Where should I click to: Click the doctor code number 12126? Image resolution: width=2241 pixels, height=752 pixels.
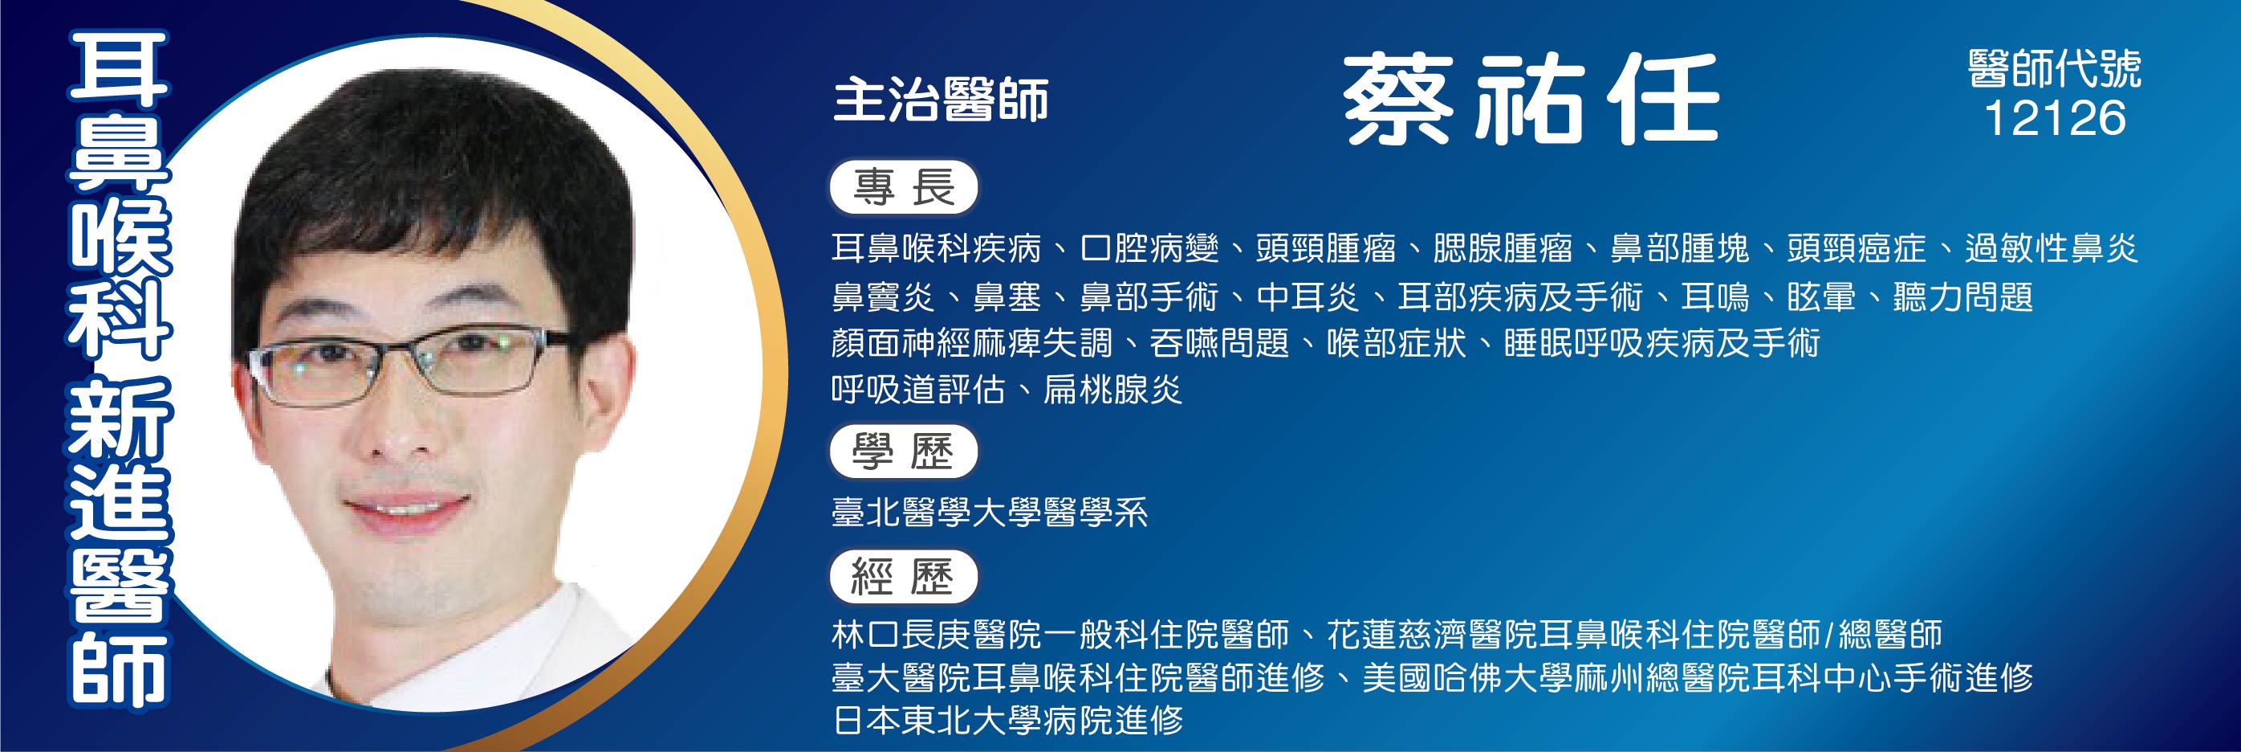2055,117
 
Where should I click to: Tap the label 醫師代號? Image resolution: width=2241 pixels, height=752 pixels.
2055,69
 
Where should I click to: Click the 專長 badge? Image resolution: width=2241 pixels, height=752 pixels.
904,187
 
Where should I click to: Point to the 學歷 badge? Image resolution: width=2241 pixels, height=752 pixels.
904,452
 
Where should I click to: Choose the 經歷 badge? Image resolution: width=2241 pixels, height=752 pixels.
904,577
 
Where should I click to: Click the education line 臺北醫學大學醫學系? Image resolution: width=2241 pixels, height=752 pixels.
990,512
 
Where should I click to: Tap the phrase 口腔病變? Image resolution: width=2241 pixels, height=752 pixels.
1149,249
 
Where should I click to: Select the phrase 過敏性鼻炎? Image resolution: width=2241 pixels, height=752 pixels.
2052,249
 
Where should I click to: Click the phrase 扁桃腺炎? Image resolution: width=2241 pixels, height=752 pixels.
1112,390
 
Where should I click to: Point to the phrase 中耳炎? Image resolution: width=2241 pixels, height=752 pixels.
1308,296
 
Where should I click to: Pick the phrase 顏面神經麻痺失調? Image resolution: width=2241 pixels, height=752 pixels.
972,343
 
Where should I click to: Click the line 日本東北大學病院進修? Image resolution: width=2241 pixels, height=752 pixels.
1007,720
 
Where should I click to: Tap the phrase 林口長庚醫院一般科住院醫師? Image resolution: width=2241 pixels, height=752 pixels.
1059,635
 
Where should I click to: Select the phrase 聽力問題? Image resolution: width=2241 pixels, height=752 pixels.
1962,296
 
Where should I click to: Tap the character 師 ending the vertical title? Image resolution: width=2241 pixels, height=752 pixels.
119,668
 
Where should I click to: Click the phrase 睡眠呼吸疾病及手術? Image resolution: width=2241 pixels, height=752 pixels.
1661,343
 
